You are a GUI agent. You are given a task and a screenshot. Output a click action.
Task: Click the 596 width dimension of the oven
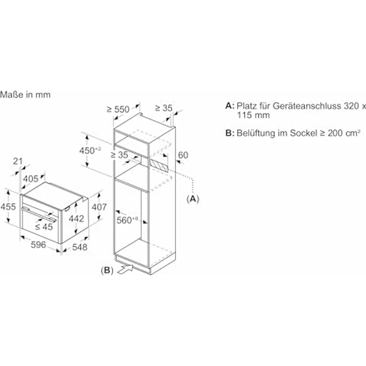38,245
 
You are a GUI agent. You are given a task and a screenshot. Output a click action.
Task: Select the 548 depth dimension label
80,247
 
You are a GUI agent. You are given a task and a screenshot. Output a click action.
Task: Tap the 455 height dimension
8,206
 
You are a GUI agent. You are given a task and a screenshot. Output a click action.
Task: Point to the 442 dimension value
76,218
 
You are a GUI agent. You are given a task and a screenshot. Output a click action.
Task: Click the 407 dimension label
99,207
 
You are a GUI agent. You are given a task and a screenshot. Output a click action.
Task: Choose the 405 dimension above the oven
30,179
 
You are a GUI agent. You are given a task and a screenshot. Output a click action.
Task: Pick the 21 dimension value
18,161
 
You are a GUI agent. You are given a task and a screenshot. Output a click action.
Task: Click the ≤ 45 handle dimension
44,227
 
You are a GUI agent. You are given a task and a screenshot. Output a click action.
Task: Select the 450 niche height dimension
90,151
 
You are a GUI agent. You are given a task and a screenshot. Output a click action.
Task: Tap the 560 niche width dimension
127,220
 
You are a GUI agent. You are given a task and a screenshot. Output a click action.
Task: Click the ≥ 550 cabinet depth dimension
118,109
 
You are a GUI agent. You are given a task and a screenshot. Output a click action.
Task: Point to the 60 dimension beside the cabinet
183,155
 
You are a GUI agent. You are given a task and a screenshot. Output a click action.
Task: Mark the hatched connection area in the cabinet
159,166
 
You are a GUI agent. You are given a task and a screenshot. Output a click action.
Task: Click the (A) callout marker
193,199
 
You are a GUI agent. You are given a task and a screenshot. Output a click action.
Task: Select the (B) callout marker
107,271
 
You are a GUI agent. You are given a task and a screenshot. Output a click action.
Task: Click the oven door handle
39,214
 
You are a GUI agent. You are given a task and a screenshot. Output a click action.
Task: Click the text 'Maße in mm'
25,94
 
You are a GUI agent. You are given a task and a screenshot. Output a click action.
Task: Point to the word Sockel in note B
303,133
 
